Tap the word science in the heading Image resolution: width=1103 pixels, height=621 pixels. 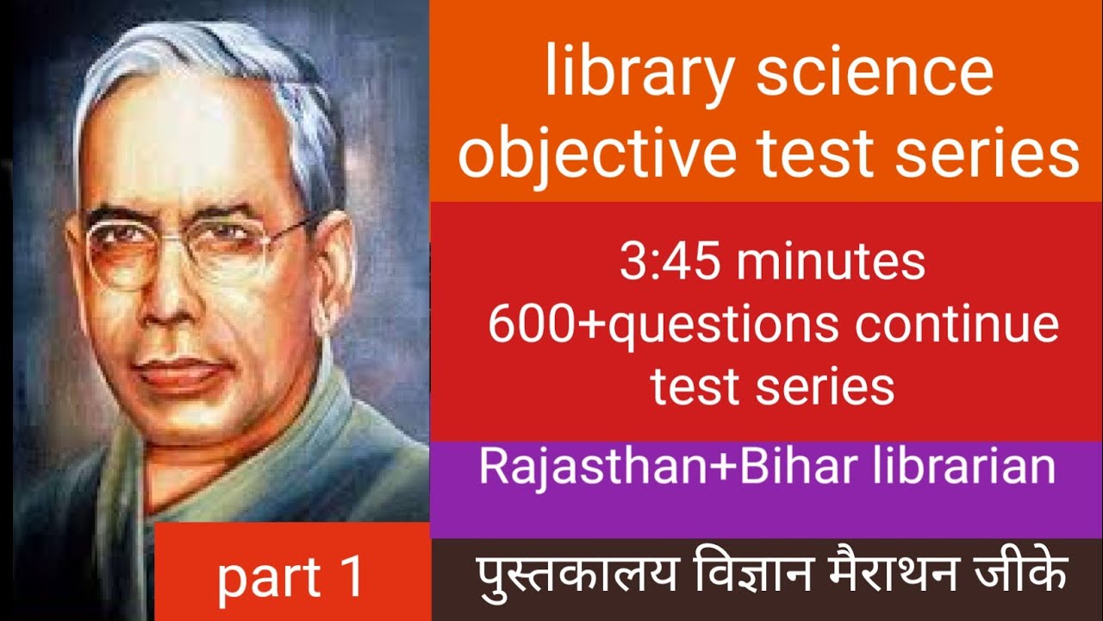point(875,73)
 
